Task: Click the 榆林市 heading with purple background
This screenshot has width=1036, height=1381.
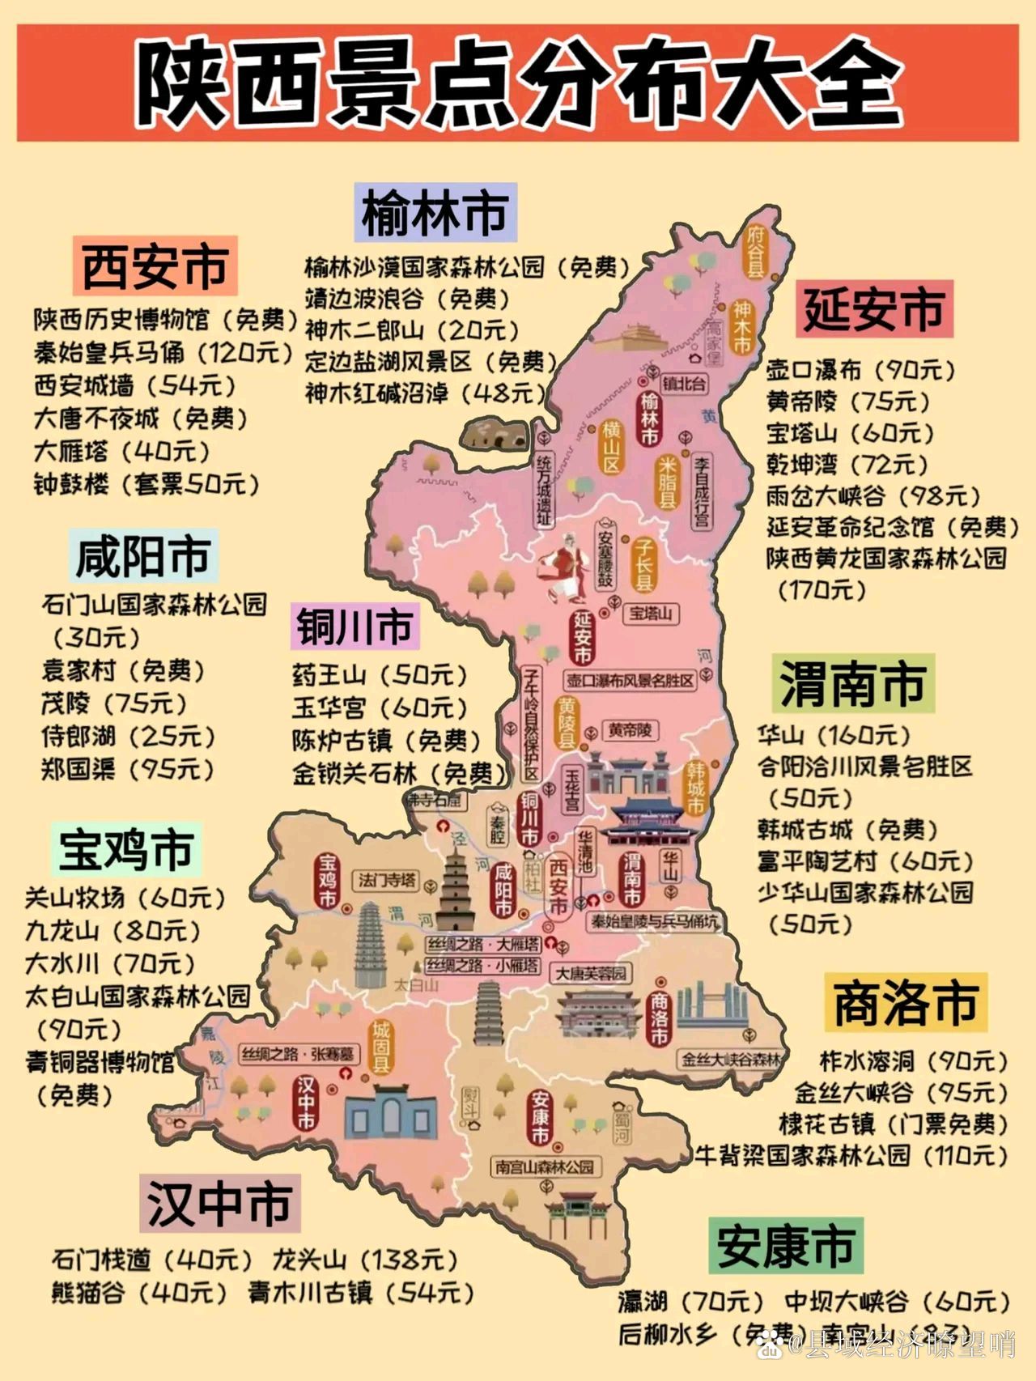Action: click(435, 213)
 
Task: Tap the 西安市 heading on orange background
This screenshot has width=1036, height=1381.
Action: click(155, 266)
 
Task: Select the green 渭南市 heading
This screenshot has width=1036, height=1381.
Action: click(853, 683)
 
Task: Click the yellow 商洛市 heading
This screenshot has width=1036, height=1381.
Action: click(905, 1002)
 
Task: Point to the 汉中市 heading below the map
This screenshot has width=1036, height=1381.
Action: click(219, 1203)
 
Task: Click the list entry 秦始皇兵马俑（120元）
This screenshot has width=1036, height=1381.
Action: click(163, 353)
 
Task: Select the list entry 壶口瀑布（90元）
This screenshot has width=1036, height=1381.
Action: click(860, 370)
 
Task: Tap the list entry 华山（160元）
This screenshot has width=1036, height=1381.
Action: click(834, 735)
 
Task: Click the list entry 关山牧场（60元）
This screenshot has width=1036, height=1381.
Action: click(125, 898)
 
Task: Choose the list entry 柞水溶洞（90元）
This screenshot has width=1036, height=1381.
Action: click(913, 1060)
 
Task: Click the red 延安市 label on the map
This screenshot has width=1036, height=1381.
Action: click(582, 636)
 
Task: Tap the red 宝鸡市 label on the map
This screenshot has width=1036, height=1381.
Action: click(327, 880)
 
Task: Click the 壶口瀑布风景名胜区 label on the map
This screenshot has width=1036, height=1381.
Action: click(630, 680)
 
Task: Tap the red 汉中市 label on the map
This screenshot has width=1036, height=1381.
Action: click(306, 1102)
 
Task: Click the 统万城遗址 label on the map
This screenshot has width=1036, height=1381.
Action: click(543, 491)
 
